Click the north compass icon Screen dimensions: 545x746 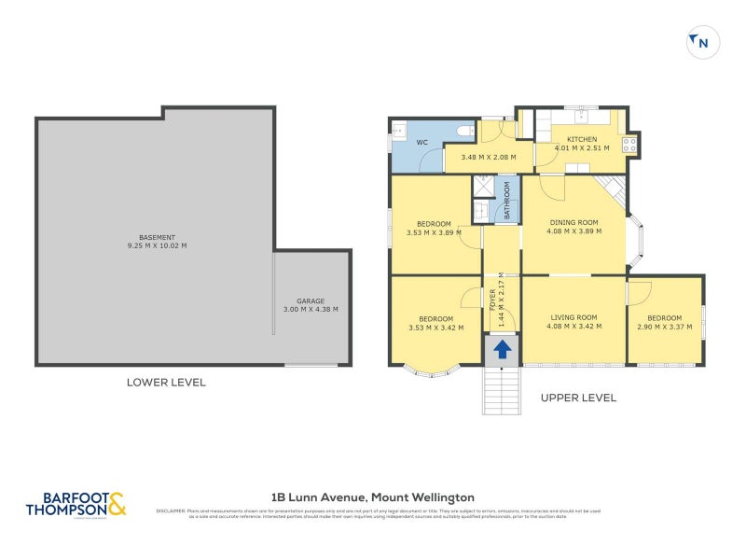point(702,42)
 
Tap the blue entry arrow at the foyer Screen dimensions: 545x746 point(502,350)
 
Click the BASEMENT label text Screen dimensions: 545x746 point(158,238)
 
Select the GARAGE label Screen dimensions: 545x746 point(311,301)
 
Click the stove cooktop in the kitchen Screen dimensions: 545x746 point(629,144)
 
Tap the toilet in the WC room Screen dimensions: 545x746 point(464,133)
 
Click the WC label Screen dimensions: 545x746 point(421,143)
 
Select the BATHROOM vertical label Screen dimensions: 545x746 point(507,200)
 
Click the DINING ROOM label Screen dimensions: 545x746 point(573,222)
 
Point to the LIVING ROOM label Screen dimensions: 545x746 point(573,318)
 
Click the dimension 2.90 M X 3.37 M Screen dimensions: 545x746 point(665,327)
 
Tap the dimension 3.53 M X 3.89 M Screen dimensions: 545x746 point(434,232)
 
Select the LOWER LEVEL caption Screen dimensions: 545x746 point(166,383)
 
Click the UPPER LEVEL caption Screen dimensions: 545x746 point(578,398)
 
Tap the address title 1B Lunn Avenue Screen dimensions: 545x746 point(372,497)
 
